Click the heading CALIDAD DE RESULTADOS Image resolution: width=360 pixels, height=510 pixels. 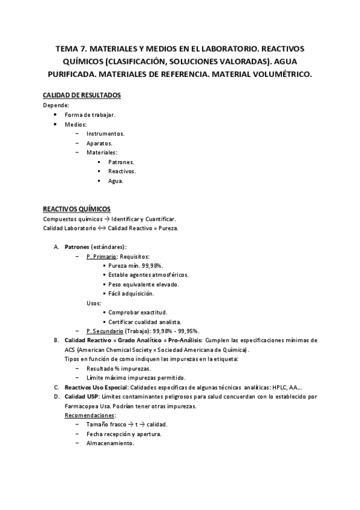point(82,96)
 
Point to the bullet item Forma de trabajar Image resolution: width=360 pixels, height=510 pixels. point(90,115)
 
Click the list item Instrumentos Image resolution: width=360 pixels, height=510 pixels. point(105,134)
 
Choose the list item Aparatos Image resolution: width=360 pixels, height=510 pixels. point(99,143)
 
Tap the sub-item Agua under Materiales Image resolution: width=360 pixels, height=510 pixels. point(115,181)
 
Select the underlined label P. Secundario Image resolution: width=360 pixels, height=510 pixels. point(106,331)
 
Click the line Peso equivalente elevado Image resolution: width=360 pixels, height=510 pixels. point(143,284)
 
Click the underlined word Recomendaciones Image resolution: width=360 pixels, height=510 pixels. point(90,416)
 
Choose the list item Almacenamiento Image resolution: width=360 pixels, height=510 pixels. point(110,444)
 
